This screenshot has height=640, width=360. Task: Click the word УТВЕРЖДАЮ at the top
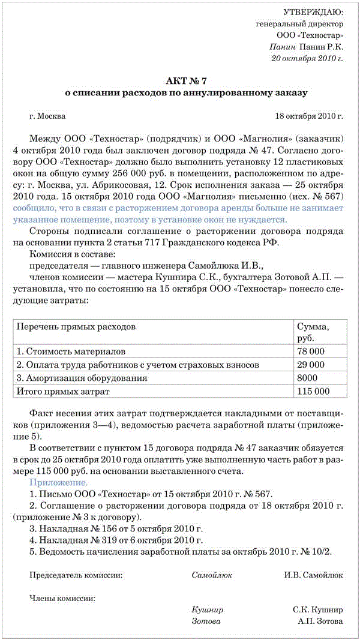pos(313,12)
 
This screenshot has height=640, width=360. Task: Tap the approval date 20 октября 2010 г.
pos(307,58)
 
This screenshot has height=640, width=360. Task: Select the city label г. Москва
pos(47,116)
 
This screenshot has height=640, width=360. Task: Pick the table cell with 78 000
pos(311,351)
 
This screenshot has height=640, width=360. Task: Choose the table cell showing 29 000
pos(311,365)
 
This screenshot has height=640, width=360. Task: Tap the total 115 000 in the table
pos(314,392)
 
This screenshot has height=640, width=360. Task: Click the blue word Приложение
pos(59,482)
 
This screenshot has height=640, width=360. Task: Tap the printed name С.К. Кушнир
pos(318,609)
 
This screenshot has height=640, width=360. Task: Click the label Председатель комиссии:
pos(76,575)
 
